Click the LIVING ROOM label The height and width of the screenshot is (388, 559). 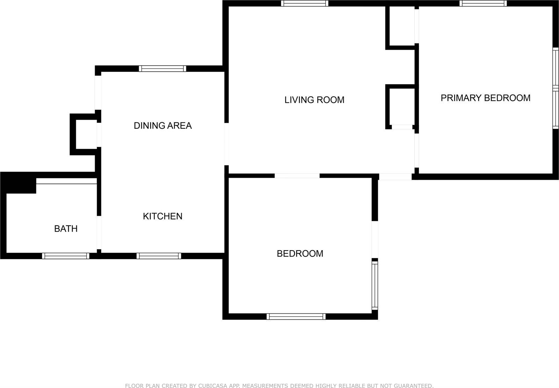(x=314, y=100)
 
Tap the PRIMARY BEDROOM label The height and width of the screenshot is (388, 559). (x=485, y=98)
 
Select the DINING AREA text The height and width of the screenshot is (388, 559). (x=163, y=126)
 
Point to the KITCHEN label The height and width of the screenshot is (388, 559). (x=162, y=216)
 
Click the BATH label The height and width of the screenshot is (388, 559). (x=66, y=229)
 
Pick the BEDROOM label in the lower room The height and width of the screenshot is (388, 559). (x=300, y=254)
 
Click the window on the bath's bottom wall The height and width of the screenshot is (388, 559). (x=66, y=256)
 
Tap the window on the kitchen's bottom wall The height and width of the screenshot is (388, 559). (x=159, y=256)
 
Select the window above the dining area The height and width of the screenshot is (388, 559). (x=162, y=69)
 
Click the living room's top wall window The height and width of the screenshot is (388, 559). (x=305, y=3)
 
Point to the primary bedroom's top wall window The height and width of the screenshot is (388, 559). (x=483, y=3)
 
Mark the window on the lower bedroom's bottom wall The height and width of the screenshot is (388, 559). (x=296, y=317)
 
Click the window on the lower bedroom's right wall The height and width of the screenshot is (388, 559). (x=375, y=285)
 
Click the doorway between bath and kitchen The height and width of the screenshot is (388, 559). (x=99, y=232)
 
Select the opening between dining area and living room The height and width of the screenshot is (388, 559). (x=226, y=144)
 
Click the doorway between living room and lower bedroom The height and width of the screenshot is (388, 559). (x=297, y=176)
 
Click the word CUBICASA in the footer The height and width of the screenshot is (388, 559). (x=212, y=386)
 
